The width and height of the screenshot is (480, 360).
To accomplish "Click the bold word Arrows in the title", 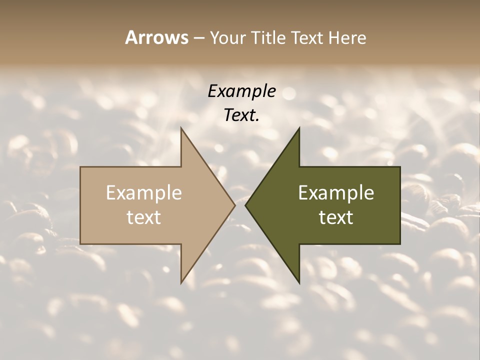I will (x=156, y=37).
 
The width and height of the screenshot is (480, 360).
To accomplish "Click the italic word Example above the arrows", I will (x=242, y=91).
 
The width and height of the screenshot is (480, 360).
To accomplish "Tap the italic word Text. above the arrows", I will (x=241, y=115).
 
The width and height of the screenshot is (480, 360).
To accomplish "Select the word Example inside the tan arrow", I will (x=144, y=193).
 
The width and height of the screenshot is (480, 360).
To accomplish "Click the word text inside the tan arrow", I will (x=144, y=217).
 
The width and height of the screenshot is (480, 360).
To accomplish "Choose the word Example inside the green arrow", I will (x=336, y=193).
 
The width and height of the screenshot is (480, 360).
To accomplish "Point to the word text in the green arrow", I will (x=336, y=217).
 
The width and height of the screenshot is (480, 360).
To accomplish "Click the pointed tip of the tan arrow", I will (x=235, y=205).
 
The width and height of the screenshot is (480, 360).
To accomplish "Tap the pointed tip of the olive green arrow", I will (x=245, y=205).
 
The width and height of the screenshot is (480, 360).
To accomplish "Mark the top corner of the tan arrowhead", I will (x=181, y=128).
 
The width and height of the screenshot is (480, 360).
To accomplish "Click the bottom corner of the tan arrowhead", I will (x=181, y=283).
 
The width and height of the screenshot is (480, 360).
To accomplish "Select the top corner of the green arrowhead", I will (x=299, y=128).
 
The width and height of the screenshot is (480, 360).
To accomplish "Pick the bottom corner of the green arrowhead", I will (x=299, y=283).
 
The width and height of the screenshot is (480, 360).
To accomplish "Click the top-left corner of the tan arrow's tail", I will (x=80, y=167).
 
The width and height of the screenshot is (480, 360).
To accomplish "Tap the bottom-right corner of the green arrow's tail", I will (x=400, y=244).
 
